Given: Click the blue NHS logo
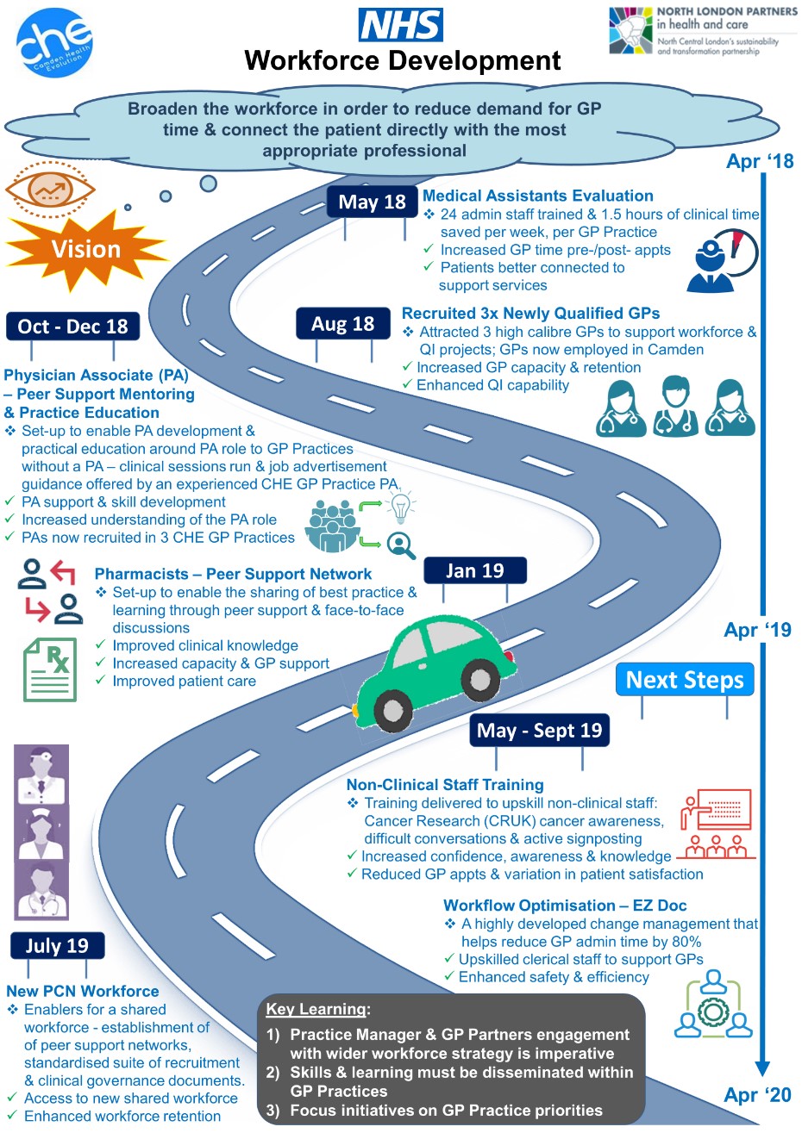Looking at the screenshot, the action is coord(400,25).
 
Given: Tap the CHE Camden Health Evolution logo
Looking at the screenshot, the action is coord(54,42).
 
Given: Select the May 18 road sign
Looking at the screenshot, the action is coord(373,202).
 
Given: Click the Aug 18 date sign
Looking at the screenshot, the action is coord(343,323).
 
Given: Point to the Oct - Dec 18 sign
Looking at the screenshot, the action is coord(73,327).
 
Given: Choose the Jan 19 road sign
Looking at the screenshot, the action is coord(475,570).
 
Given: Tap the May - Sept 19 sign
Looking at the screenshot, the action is coord(539,731).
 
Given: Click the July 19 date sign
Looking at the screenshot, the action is coord(57,945).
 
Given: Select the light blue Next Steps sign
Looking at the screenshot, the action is coord(685,679).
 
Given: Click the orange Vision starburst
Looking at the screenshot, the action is coord(85,250).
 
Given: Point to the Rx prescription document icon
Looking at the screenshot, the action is coord(50,669).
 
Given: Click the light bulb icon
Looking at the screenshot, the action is coord(401,507).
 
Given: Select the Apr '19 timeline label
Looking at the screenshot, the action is coord(757,630).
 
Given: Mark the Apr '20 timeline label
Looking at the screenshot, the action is coord(757,1094).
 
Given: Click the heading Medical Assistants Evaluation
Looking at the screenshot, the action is coord(538,196).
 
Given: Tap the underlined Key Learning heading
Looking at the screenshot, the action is coord(316,1009).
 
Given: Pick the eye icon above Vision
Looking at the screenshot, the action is coord(50,190).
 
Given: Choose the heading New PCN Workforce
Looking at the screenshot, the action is coord(83,991).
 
